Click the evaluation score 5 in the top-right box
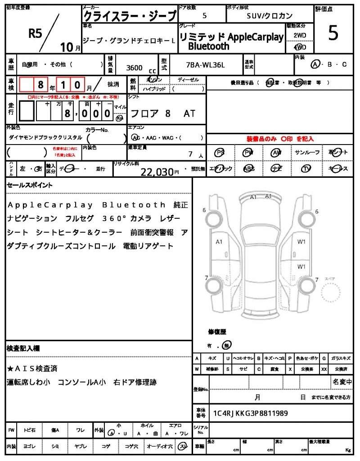[x=333, y=34]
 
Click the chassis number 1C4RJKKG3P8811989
[x=250, y=413]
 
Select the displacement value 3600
[x=135, y=68]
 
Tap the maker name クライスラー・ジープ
[x=130, y=16]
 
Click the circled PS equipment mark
[x=220, y=153]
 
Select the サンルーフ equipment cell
[x=307, y=153]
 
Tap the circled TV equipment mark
[x=307, y=169]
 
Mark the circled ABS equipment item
[x=248, y=169]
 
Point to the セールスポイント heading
[x=30, y=185]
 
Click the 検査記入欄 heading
[x=23, y=348]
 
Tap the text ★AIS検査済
[x=32, y=369]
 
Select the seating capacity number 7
[x=191, y=154]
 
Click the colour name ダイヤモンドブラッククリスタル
[x=45, y=137]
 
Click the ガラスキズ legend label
[x=341, y=358]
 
